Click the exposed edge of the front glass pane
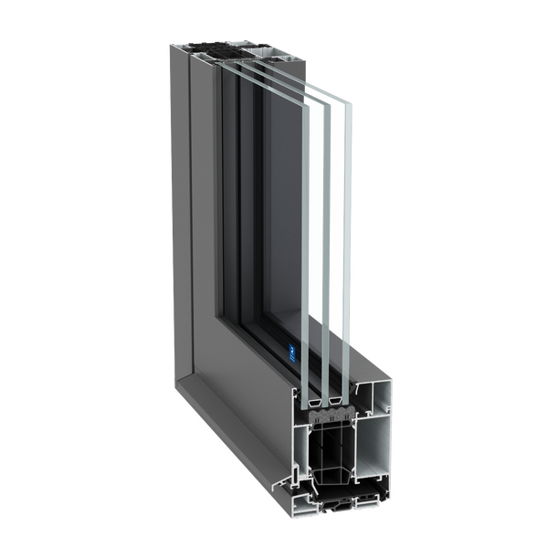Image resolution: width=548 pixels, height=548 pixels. pyautogui.click(x=305, y=237)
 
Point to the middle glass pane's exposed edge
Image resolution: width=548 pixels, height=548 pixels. pyautogui.click(x=326, y=237)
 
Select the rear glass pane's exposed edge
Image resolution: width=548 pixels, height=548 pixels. pyautogui.click(x=347, y=237)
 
